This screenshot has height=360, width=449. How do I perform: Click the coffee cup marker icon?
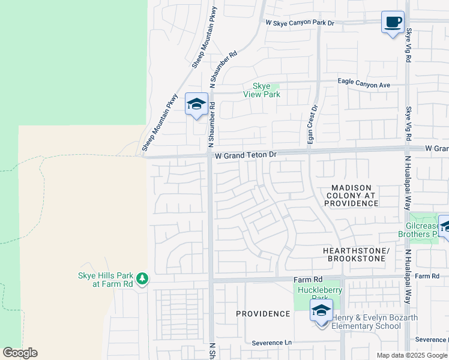point(393,22)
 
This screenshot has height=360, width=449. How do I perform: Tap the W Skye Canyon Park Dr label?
point(300,22)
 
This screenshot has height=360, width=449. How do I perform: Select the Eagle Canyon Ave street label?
point(364,85)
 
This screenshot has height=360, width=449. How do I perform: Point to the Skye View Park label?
point(261,90)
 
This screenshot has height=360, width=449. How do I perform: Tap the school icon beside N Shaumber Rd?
point(196,104)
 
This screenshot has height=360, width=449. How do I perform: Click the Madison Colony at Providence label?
point(352,196)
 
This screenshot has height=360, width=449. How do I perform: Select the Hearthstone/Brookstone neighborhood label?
point(356,254)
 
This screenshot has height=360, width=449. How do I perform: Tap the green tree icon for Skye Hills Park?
point(142,278)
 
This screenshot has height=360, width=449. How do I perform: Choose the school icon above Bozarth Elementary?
point(321,310)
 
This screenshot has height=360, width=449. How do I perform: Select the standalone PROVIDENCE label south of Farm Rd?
point(263,314)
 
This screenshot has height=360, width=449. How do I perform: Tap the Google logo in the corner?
point(20,352)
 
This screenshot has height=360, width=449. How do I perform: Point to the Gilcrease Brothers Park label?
point(422,230)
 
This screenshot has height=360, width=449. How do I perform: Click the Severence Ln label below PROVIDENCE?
point(271,343)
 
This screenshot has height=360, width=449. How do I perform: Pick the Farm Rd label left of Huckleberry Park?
point(308,280)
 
